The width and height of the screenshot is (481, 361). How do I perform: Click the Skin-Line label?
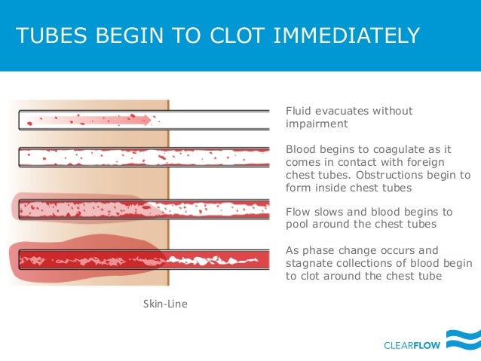[x=165, y=304]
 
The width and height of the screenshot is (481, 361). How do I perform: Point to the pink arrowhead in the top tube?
[x=151, y=119]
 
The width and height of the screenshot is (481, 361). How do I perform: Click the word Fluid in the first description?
[x=298, y=112]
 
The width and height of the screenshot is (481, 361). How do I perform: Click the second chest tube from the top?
[x=143, y=158]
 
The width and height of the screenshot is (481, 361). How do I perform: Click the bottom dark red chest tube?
[x=143, y=260]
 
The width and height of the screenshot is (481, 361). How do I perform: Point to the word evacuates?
[x=344, y=112]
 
